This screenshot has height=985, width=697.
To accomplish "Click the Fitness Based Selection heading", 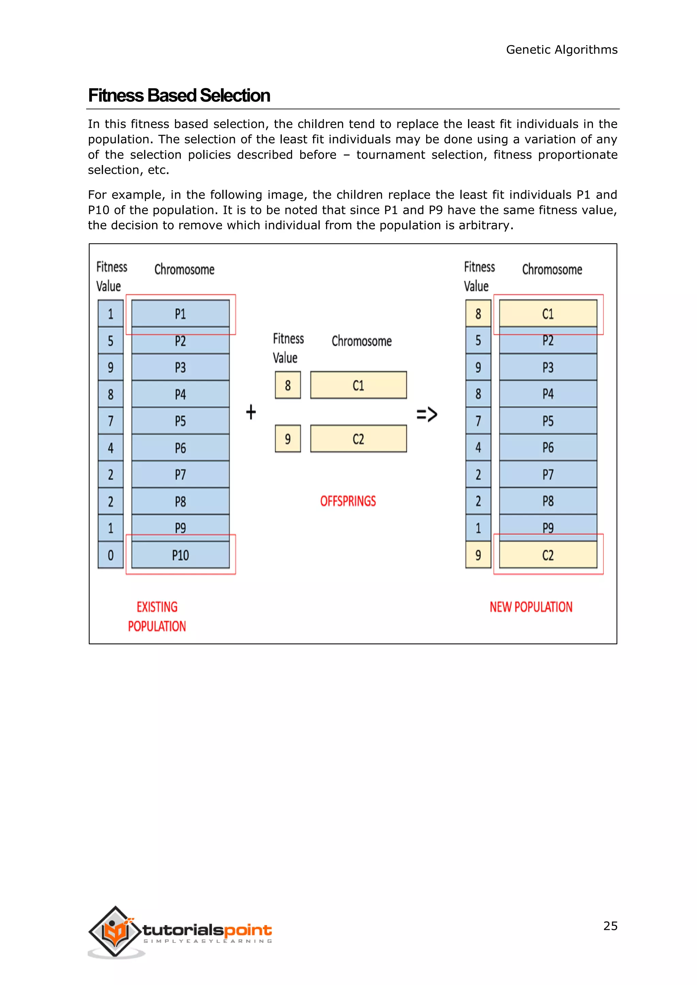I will coord(179,96).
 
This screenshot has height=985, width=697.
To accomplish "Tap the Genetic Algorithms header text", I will coord(561,50).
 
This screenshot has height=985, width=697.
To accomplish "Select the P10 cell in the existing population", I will coord(180,555).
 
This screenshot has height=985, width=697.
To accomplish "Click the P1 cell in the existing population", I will coord(180,314).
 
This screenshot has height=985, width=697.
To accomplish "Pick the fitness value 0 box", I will coord(111,555).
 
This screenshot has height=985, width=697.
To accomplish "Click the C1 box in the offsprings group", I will coord(358,385).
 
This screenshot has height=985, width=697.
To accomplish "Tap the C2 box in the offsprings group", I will coord(358,439).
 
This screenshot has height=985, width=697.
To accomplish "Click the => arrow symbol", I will coord(427,414).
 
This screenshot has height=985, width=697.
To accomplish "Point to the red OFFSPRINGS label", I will coord(348,501).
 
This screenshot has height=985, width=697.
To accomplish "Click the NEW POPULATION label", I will coord(531,607).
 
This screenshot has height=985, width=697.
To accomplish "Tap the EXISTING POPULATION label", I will coord(157,617).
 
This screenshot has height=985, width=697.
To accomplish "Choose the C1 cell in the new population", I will coord(548,314).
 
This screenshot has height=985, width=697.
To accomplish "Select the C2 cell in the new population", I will coord(548,555).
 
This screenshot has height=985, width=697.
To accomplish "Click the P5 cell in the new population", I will coord(548,421).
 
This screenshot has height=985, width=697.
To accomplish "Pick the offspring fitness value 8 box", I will coord(288,385).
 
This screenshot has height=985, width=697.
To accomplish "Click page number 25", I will coord(610,926).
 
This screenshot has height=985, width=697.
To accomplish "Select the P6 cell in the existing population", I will coord(180,448).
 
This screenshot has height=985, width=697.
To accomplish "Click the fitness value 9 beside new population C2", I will coord(478,555).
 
